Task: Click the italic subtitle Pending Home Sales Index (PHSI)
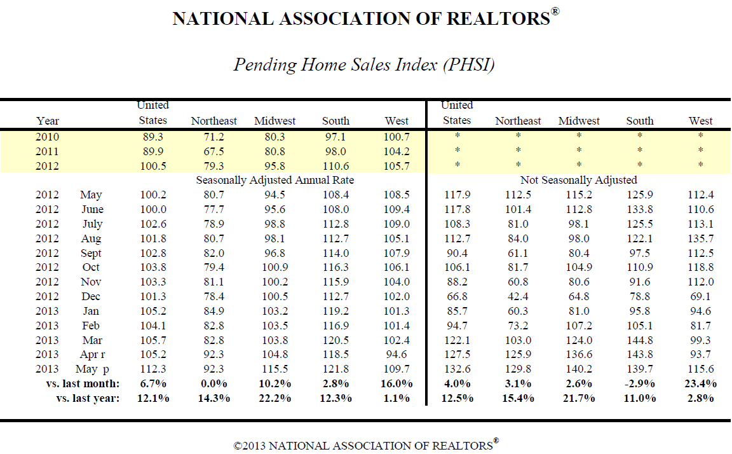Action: pyautogui.click(x=364, y=64)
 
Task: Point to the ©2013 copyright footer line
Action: pyautogui.click(x=366, y=444)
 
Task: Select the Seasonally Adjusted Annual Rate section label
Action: pyautogui.click(x=275, y=181)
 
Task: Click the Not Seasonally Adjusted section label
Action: pyautogui.click(x=579, y=181)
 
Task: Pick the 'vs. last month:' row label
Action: pyautogui.click(x=83, y=384)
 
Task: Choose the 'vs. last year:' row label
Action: pyautogui.click(x=88, y=399)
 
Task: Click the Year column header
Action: pyautogui.click(x=48, y=121)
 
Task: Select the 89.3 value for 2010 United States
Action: pyautogui.click(x=153, y=137)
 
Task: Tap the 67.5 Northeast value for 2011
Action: pyautogui.click(x=213, y=151)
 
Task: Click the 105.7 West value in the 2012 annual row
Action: pyautogui.click(x=396, y=166)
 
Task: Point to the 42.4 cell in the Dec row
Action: pyautogui.click(x=518, y=296)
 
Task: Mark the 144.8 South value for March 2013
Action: pyautogui.click(x=640, y=340)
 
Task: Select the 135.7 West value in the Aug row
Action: pyautogui.click(x=701, y=238)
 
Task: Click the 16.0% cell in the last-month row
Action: pyautogui.click(x=396, y=384)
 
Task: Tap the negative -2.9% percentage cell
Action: pyautogui.click(x=640, y=384)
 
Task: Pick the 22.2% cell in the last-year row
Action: pyautogui.click(x=275, y=399)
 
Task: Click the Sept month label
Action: pyautogui.click(x=91, y=253)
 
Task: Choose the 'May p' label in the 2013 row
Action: pyautogui.click(x=92, y=369)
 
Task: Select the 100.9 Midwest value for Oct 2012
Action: pyautogui.click(x=275, y=268)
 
